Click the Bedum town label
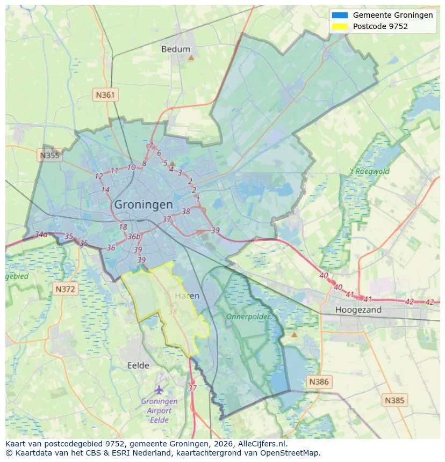click(x=176, y=49)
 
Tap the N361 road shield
click(x=105, y=95)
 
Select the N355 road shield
click(x=49, y=156)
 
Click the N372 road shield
click(x=66, y=289)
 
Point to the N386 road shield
click(x=319, y=382)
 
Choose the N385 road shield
click(x=395, y=400)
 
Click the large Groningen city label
click(x=143, y=204)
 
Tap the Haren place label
click(x=187, y=296)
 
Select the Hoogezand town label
click(x=358, y=310)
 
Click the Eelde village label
click(x=138, y=365)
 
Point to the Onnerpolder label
click(x=248, y=317)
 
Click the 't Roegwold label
click(x=369, y=172)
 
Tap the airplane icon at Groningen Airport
click(x=159, y=390)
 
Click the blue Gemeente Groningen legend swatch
click(x=340, y=15)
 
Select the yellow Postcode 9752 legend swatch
click(x=340, y=26)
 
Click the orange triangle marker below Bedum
click(x=191, y=57)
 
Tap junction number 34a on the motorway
click(x=41, y=234)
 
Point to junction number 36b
click(x=134, y=237)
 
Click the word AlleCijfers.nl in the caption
click(x=260, y=444)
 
